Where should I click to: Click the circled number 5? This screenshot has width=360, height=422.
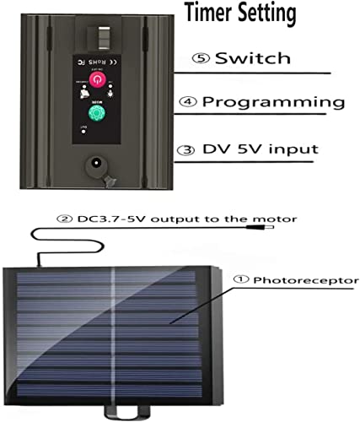201,59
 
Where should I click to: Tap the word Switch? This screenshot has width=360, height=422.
252,59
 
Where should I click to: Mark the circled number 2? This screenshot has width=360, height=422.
62,219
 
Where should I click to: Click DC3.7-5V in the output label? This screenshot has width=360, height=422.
107,219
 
